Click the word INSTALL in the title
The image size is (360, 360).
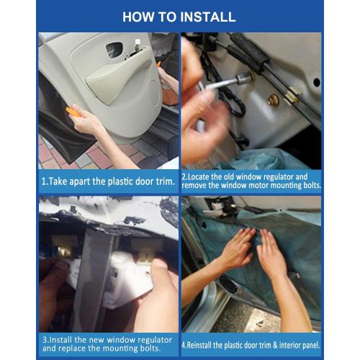pyautogui.click(x=208, y=17)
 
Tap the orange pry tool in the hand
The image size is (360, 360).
pyautogui.click(x=73, y=112)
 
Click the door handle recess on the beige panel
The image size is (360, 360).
pyautogui.click(x=114, y=50)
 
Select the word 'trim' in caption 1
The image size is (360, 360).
pyautogui.click(x=165, y=181)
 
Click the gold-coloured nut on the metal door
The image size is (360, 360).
pyautogui.click(x=273, y=100)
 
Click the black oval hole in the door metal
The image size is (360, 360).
pyautogui.click(x=317, y=83)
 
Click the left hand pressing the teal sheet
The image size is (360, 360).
pyautogui.click(x=236, y=250)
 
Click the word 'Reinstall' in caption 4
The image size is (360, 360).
pyautogui.click(x=199, y=345)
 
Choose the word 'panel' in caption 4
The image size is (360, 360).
pyautogui.click(x=312, y=345)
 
